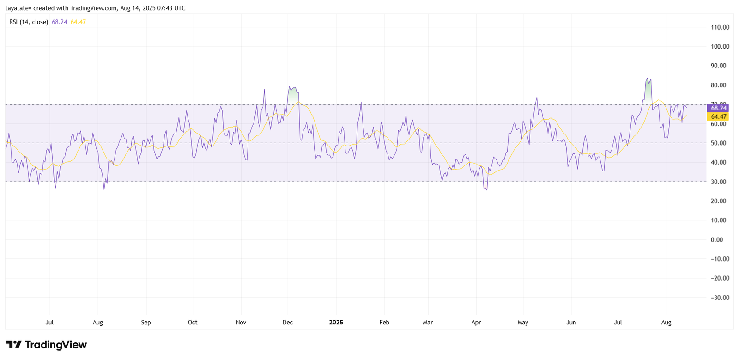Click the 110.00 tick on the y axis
720,27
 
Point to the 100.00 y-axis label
720,47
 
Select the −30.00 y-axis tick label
719,298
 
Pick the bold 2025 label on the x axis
336,323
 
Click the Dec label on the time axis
288,323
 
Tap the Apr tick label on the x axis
476,323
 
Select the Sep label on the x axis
146,323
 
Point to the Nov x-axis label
241,323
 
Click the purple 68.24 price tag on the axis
718,108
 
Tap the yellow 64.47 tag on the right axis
718,117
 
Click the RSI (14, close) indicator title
29,22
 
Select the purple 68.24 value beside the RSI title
60,22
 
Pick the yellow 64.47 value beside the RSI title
78,22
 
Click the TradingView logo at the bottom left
46,345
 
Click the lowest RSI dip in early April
486,189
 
